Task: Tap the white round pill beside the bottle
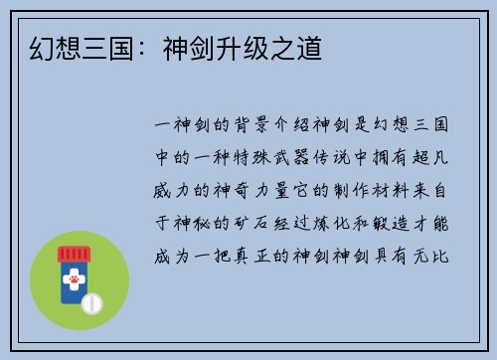coord(91,300)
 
